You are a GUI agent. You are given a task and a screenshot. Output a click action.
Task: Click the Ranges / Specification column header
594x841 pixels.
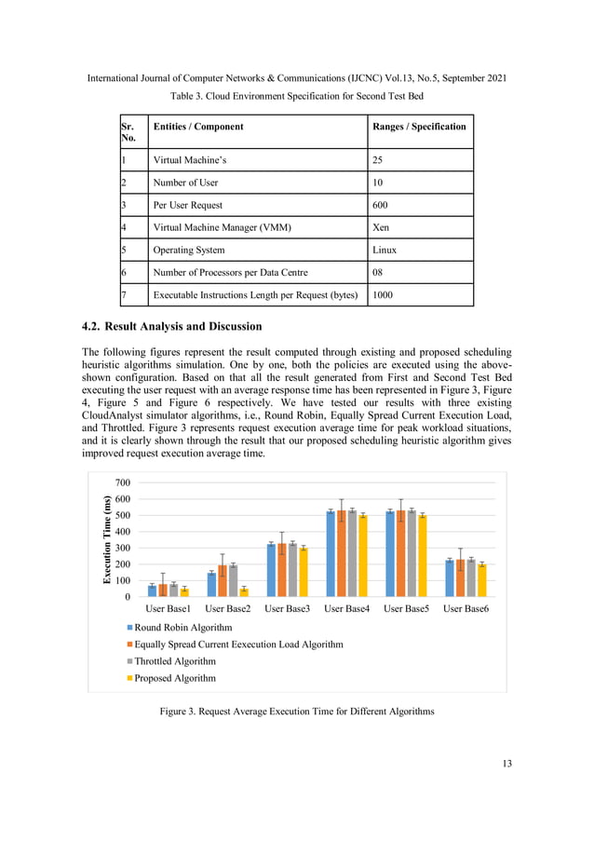pyautogui.click(x=419, y=127)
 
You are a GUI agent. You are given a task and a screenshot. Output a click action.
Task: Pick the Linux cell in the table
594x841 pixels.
pyautogui.click(x=385, y=250)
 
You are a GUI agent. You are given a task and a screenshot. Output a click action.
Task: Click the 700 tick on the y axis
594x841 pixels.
pyautogui.click(x=123, y=482)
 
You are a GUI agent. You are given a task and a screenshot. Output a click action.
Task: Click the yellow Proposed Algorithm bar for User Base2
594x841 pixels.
pyautogui.click(x=244, y=591)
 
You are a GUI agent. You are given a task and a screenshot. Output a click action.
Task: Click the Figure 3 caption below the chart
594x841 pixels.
pyautogui.click(x=297, y=712)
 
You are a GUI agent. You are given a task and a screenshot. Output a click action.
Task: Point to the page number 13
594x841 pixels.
pyautogui.click(x=506, y=764)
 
